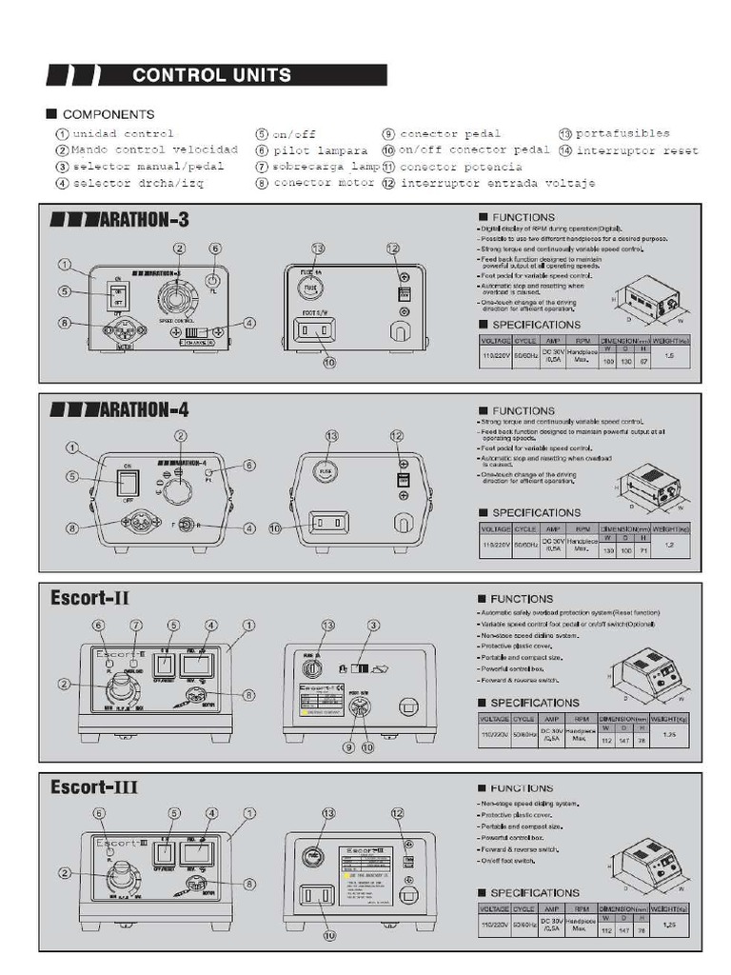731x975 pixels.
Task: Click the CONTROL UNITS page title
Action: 211,75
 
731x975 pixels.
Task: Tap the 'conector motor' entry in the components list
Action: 324,182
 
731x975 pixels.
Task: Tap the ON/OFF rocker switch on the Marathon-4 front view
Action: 125,482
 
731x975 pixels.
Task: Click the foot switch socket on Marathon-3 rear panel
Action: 315,329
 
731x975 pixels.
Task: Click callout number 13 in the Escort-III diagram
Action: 329,814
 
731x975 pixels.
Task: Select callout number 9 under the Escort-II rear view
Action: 348,748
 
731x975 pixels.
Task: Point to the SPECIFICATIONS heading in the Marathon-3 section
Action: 535,325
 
